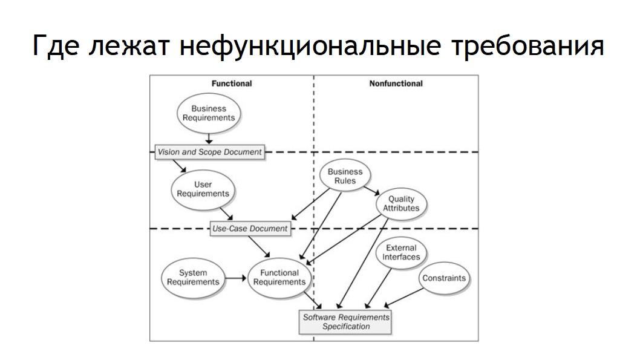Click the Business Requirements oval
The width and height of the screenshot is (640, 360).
point(209,113)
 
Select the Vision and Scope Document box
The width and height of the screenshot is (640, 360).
point(209,152)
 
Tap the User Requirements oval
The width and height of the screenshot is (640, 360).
point(203,189)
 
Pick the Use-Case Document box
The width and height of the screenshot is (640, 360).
point(250,229)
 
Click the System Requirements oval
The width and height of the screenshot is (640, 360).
point(193,278)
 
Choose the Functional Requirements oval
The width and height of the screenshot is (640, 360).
point(279,278)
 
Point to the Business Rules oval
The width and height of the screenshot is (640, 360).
point(345,176)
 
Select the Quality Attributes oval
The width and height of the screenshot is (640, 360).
point(401,204)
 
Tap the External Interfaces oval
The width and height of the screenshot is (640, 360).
point(401,253)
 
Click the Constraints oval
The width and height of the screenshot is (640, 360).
point(444,278)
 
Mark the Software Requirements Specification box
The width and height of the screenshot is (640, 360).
point(345,322)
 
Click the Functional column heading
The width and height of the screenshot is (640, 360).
point(232,83)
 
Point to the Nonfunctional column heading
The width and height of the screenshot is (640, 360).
point(396,83)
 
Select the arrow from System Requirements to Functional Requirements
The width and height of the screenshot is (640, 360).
point(235,278)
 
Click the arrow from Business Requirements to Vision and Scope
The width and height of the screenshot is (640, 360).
point(209,139)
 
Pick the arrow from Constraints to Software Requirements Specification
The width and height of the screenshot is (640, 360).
point(403,298)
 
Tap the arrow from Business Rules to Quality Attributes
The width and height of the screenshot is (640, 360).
point(371,191)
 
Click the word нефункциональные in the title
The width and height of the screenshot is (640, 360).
point(310,46)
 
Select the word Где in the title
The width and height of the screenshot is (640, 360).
point(56,46)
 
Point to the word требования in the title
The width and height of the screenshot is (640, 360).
point(527,46)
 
